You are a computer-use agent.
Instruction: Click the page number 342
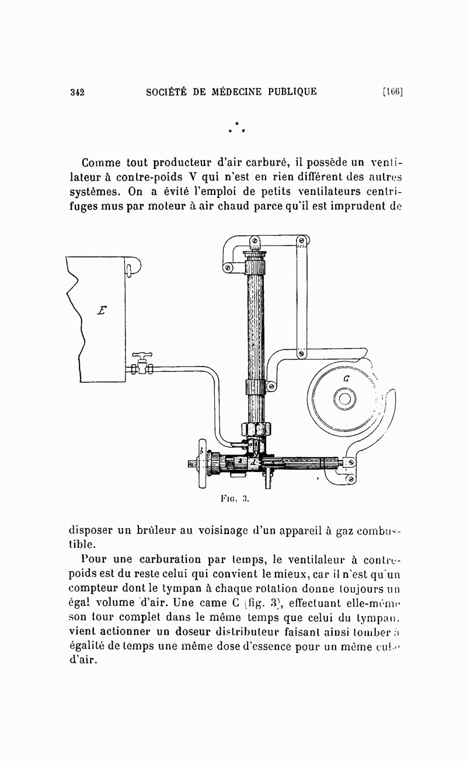tap(78, 92)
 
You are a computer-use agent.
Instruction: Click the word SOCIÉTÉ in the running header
tap(169, 91)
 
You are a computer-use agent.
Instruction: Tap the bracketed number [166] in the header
tap(393, 92)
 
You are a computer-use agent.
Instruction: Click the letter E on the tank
tap(102, 309)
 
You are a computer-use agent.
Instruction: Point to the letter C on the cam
tap(346, 378)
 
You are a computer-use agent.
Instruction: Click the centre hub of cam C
tap(344, 399)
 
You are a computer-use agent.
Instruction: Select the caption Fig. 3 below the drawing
tap(235, 499)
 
